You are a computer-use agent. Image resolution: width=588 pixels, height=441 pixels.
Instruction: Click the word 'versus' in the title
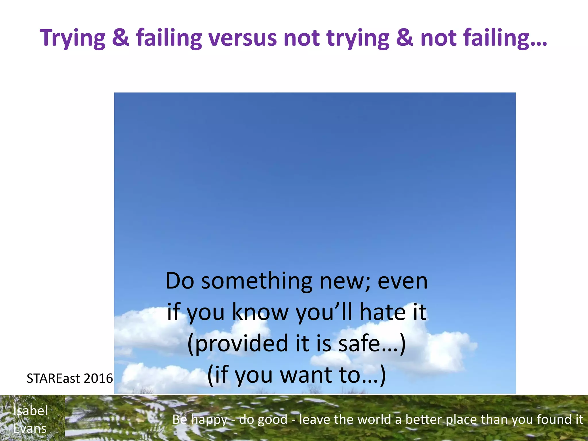point(243,38)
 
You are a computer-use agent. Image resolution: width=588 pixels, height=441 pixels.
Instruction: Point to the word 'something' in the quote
point(256,281)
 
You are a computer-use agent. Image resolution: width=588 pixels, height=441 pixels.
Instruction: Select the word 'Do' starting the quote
point(180,281)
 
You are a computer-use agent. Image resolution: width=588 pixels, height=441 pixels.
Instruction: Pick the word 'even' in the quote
point(403,281)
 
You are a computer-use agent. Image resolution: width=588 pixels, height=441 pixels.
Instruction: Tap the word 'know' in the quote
point(260,312)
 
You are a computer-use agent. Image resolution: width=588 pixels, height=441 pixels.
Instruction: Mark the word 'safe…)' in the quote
point(372,344)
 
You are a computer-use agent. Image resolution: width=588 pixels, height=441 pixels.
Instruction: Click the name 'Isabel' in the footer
point(30,411)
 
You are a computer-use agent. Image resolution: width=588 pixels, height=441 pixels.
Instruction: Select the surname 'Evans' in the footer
point(30,428)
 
